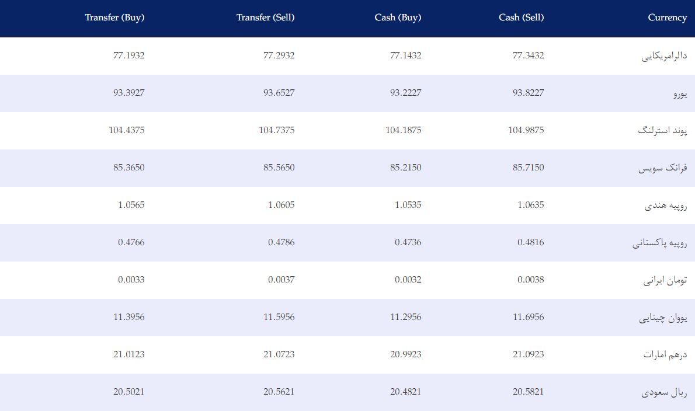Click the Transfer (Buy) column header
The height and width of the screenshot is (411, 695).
coord(114,18)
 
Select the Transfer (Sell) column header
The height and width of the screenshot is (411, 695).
coord(265,18)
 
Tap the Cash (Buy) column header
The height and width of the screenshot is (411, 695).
coord(398,18)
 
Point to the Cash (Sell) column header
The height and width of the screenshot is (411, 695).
coord(521,18)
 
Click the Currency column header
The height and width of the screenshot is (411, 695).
coord(667,18)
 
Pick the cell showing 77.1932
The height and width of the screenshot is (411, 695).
coord(128,55)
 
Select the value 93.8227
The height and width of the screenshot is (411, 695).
coord(528,93)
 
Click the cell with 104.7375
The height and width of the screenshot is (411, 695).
coord(277,130)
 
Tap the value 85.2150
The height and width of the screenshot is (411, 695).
coord(405,168)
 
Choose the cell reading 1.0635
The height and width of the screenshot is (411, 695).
coord(530,204)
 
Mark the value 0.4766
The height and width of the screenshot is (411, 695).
coord(131,242)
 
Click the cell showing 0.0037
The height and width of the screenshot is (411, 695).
coord(281,280)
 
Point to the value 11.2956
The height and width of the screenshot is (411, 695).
coord(405,316)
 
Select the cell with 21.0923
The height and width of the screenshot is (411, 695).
coord(528,354)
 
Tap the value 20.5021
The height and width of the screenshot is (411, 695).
coord(128,392)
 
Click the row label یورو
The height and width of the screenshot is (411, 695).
coord(680,93)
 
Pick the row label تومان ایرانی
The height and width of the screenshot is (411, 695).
coord(665,280)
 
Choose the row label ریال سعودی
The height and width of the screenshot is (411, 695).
coord(664,392)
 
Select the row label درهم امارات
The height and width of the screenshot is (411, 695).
coord(665,354)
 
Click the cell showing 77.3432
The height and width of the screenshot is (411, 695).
coord(528,55)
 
